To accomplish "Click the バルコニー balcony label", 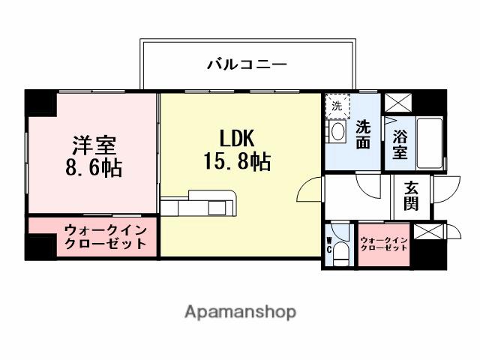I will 247,65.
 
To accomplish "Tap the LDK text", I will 237,139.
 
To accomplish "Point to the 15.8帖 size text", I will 237,160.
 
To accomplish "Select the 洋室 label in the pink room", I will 92,143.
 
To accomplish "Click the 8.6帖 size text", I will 92,166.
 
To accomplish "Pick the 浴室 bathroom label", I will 400,142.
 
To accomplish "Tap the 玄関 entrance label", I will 411,196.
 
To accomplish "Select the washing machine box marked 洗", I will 337,106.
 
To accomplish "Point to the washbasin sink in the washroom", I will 337,132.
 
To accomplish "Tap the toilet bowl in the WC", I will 342,253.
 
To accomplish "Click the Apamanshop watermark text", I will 240,311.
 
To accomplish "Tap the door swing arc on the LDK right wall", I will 310,191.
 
